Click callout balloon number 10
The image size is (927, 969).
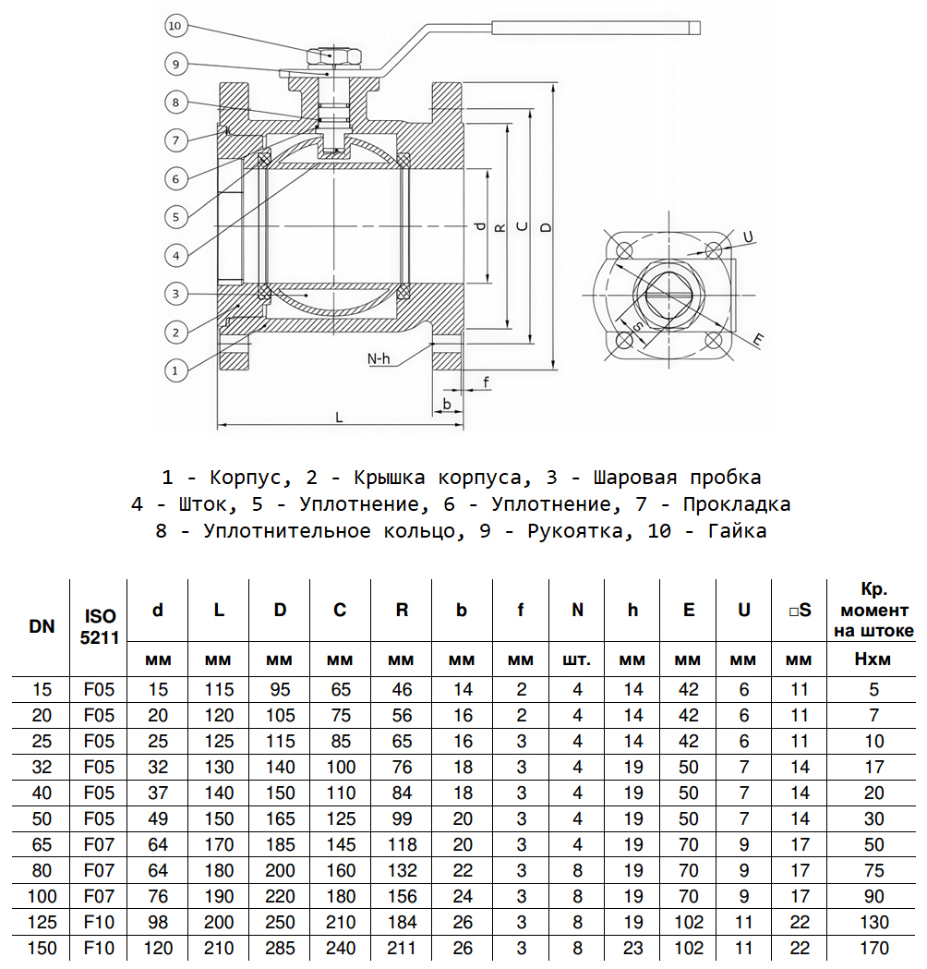pyautogui.click(x=175, y=26)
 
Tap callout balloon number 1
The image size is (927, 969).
pyautogui.click(x=175, y=370)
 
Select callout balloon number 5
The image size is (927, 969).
pyautogui.click(x=175, y=217)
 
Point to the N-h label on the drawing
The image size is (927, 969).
pyautogui.click(x=378, y=357)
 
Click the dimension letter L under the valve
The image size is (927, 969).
pyautogui.click(x=340, y=417)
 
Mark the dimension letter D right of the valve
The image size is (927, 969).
pyautogui.click(x=546, y=226)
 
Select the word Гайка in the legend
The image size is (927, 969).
pyautogui.click(x=737, y=531)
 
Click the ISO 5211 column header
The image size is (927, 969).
pyautogui.click(x=100, y=626)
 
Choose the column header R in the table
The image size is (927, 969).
pyautogui.click(x=402, y=610)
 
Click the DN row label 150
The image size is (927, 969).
pyautogui.click(x=41, y=948)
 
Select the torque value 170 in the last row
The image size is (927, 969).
pyautogui.click(x=873, y=948)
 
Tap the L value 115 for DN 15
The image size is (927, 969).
pyautogui.click(x=219, y=689)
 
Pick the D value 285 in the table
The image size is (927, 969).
pyautogui.click(x=280, y=948)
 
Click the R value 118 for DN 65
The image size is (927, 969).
pyautogui.click(x=402, y=844)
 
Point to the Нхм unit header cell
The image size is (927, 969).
pyautogui.click(x=873, y=660)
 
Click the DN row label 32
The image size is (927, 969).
pyautogui.click(x=41, y=767)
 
